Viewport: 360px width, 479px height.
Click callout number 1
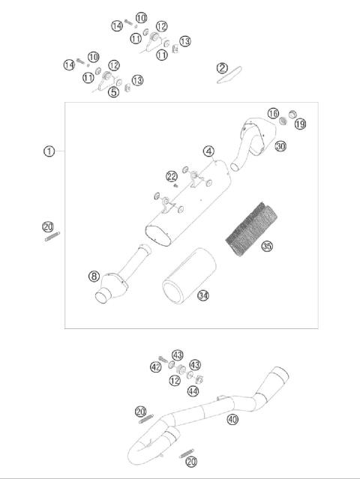point(49,151)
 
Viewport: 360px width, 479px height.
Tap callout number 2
point(222,67)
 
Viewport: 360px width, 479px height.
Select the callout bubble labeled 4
point(208,151)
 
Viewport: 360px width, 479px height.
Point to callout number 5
point(113,92)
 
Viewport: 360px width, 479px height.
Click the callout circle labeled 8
point(94,276)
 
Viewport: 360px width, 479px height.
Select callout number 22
point(172,176)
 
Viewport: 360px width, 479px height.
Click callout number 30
point(280,147)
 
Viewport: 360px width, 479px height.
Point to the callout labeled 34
point(202,295)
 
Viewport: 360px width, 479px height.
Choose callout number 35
point(266,246)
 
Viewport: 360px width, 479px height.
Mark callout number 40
point(232,419)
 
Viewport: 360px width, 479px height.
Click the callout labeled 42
point(155,367)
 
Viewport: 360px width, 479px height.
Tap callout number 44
point(193,391)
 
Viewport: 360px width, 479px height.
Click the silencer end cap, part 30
point(255,135)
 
